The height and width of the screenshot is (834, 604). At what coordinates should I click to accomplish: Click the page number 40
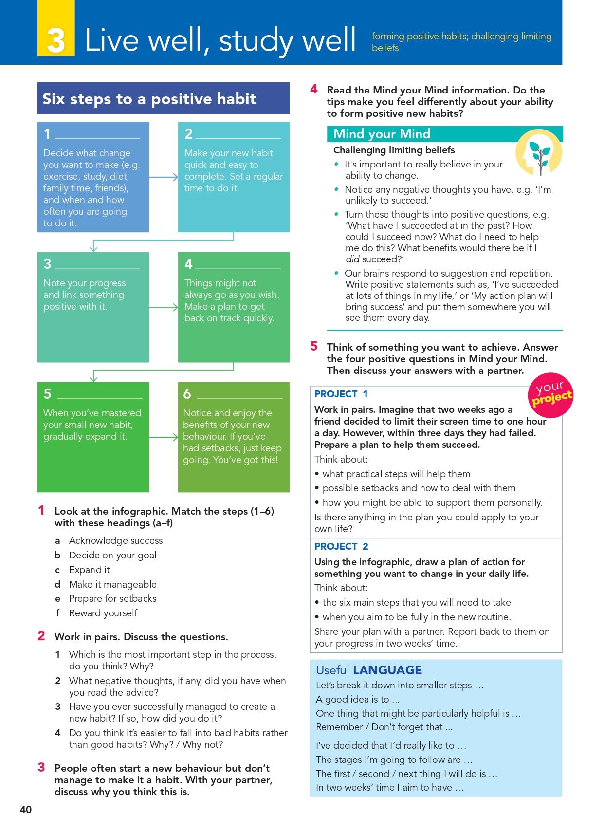[26, 809]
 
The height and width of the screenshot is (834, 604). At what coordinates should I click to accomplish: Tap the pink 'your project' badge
[550, 393]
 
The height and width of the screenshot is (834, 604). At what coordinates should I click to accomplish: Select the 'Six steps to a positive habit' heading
[149, 99]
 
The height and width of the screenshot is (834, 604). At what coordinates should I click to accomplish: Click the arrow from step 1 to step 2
[164, 177]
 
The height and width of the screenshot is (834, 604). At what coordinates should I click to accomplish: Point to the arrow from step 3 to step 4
[164, 307]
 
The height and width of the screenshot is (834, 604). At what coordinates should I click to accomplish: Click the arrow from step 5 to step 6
[164, 437]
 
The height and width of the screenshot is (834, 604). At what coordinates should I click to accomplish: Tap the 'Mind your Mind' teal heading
[382, 134]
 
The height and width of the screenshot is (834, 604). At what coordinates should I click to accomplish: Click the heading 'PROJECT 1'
[341, 394]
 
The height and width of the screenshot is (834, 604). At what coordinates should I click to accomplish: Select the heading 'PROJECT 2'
[341, 546]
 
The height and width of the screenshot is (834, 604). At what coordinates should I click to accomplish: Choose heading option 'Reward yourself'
[103, 613]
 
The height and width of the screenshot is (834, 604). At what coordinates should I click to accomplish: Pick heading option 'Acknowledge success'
[116, 540]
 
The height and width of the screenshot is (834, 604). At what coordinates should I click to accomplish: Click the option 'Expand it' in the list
[90, 570]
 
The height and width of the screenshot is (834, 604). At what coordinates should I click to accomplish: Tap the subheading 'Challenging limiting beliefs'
[394, 150]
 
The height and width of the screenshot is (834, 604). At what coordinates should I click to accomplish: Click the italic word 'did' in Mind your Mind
[352, 259]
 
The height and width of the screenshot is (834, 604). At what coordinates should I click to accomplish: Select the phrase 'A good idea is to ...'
[358, 699]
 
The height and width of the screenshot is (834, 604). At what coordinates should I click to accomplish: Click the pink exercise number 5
[314, 346]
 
